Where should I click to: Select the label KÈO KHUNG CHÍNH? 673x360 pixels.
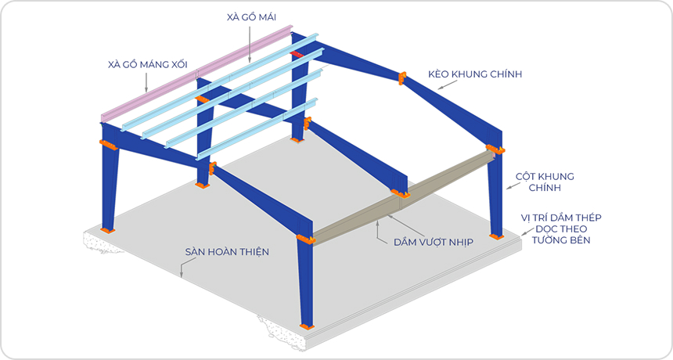pyautogui.click(x=475, y=74)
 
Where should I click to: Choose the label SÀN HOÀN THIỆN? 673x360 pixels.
pyautogui.click(x=227, y=252)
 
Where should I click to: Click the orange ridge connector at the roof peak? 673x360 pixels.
pyautogui.click(x=402, y=77)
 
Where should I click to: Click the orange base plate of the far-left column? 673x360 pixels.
pyautogui.click(x=106, y=229)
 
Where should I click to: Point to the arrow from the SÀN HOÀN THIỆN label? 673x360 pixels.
pyautogui.click(x=182, y=269)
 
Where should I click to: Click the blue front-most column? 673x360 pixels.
pyautogui.click(x=304, y=282)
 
